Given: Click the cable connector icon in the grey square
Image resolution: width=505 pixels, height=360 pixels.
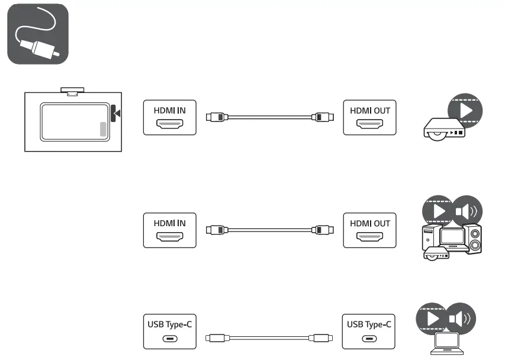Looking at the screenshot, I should (x=37, y=34).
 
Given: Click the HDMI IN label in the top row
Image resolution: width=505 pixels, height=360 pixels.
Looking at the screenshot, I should (x=169, y=110).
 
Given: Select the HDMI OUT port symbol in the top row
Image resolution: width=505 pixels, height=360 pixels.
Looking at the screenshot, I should (x=369, y=124).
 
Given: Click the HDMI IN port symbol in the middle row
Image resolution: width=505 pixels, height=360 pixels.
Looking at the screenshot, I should (x=169, y=237).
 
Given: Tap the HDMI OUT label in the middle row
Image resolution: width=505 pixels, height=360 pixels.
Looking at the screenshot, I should (x=369, y=223).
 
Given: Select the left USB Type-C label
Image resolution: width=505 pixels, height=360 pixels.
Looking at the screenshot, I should (x=169, y=324).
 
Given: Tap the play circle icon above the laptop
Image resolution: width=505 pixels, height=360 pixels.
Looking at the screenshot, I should (x=433, y=319).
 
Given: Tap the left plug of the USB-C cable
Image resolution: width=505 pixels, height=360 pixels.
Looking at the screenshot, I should (x=214, y=338).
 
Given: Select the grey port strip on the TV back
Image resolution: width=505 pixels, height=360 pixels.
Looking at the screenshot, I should (x=104, y=130).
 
